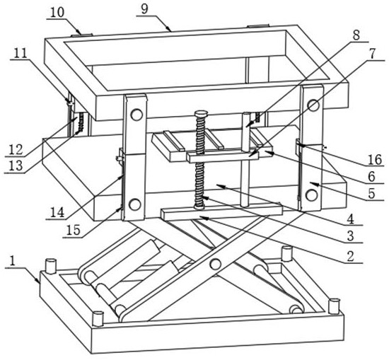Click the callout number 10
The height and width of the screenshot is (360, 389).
pyautogui.click(x=57, y=12)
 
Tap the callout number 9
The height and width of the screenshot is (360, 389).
pyautogui.click(x=144, y=8)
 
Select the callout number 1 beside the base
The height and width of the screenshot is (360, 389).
pyautogui.click(x=13, y=261)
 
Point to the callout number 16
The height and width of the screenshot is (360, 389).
pyautogui.click(x=375, y=160)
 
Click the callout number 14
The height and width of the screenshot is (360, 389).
pyautogui.click(x=57, y=212)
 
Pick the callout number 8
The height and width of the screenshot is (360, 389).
pyautogui.click(x=356, y=35)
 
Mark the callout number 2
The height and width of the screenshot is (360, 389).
pyautogui.click(x=350, y=256)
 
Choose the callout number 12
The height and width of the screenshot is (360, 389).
pyautogui.click(x=16, y=150)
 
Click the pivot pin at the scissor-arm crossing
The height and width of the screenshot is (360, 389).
pyautogui.click(x=215, y=264)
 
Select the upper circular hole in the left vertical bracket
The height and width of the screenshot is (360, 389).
pyautogui.click(x=137, y=115)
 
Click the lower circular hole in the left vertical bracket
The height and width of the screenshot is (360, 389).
pyautogui.click(x=134, y=204)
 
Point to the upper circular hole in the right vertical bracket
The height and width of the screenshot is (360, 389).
pyautogui.click(x=313, y=105)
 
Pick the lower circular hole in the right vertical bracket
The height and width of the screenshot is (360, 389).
pyautogui.click(x=312, y=195)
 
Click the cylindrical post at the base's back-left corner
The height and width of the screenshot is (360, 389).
pyautogui.click(x=51, y=266)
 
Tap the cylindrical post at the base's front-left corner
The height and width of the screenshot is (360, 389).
pyautogui.click(x=98, y=319)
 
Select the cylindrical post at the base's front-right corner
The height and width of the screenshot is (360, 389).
pyautogui.click(x=334, y=306)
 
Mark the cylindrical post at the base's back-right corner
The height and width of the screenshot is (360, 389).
pyautogui.click(x=286, y=253)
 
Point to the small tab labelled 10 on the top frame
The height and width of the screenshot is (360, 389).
pyautogui.click(x=81, y=35)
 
